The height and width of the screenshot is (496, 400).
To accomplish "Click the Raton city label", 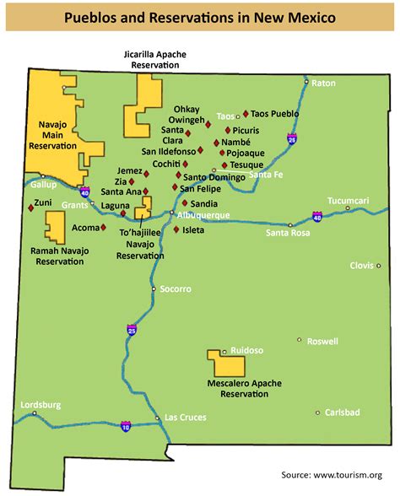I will (x=324, y=83).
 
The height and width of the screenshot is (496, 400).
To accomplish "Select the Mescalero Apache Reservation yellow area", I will (x=226, y=364).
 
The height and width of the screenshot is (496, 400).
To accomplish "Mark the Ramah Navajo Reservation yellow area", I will (x=56, y=227).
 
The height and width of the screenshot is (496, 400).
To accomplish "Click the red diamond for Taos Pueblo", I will (x=246, y=113).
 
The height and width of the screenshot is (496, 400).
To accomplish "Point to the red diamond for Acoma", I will (x=103, y=227).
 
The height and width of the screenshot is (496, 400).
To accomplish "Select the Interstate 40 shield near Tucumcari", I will (x=317, y=218).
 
